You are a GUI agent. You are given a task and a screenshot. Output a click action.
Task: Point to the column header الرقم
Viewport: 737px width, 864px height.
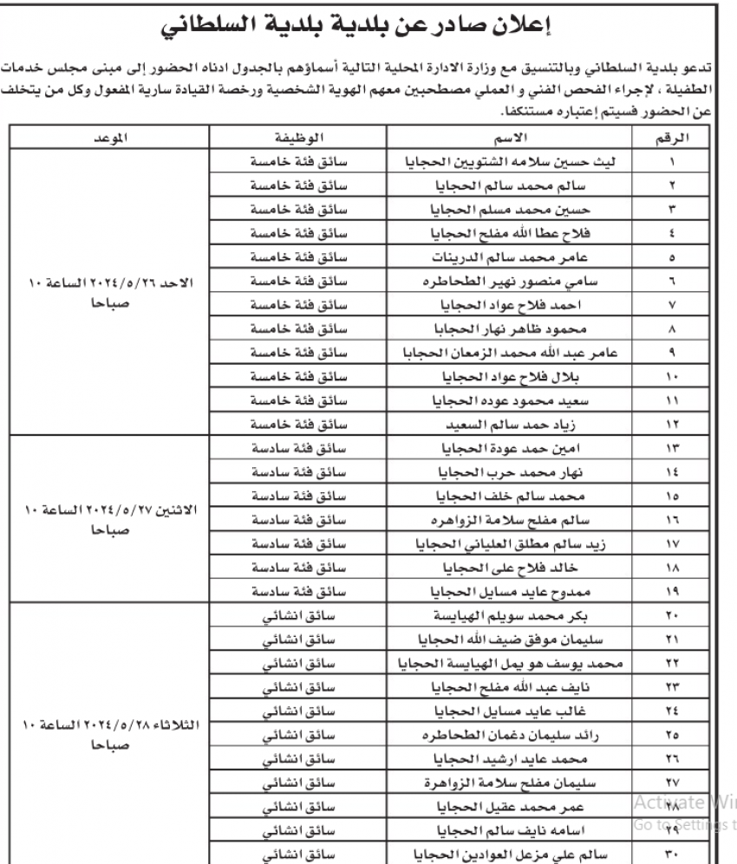673,139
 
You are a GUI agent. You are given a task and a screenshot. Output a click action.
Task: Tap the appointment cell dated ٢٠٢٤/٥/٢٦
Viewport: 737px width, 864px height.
110,295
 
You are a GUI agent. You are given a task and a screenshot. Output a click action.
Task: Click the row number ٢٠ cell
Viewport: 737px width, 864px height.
673,617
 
